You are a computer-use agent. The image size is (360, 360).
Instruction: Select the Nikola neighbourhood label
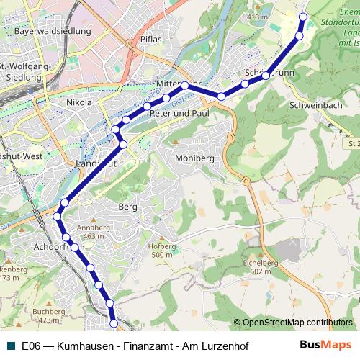(x=79, y=103)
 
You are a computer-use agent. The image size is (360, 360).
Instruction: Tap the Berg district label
(x=127, y=207)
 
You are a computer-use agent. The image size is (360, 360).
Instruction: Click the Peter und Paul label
(x=181, y=114)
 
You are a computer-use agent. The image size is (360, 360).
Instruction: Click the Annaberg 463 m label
(x=94, y=232)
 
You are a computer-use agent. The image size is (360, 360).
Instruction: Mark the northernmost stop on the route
(x=302, y=17)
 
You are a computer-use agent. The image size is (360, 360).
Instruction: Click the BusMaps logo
(x=325, y=345)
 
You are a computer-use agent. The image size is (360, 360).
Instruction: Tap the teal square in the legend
(x=9, y=346)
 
